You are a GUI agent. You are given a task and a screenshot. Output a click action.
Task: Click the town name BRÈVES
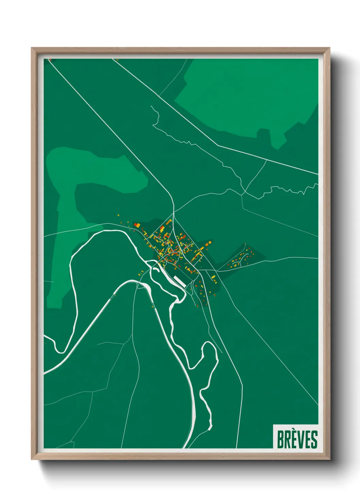pyautogui.click(x=297, y=439)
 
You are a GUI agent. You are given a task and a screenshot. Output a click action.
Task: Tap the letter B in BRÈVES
pyautogui.click(x=281, y=440)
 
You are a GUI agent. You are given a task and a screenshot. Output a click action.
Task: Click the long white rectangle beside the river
pyautogui.click(x=179, y=281)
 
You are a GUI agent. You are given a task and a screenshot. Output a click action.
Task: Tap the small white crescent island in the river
pyautogui.click(x=156, y=270)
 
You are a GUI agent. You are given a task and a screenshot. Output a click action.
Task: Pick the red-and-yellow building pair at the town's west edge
pyautogui.click(x=137, y=225)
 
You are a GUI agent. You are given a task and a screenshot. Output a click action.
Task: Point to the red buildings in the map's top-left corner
pyautogui.click(x=50, y=60)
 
